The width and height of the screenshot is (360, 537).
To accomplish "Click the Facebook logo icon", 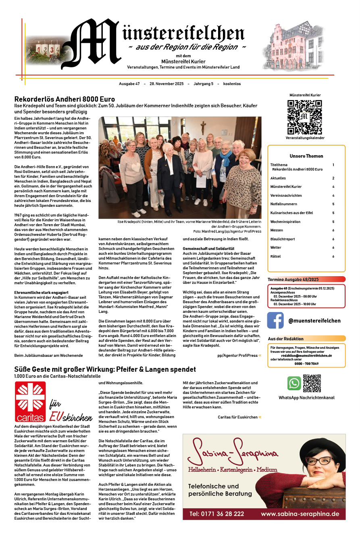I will [275, 321].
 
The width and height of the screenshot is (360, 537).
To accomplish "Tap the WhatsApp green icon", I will [294, 383].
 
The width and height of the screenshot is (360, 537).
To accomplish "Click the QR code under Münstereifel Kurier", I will [304, 117].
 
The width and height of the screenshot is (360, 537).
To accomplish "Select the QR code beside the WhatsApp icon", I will [312, 383].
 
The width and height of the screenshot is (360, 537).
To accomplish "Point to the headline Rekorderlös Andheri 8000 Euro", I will [65, 99].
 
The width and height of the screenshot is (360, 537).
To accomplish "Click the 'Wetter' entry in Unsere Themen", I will [276, 248].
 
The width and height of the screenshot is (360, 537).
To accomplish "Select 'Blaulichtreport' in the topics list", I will [283, 239].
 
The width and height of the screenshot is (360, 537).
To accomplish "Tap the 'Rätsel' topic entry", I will [276, 256].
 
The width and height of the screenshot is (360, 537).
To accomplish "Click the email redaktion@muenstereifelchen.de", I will [306, 356].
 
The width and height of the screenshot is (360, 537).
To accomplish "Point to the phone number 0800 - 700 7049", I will [306, 364].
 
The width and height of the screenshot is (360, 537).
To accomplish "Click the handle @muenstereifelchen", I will [314, 321].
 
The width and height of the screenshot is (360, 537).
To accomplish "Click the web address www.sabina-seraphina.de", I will [300, 514].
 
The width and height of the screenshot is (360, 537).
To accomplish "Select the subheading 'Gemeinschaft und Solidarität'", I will [208, 248].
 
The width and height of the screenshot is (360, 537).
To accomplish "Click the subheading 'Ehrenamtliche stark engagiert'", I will [41, 292].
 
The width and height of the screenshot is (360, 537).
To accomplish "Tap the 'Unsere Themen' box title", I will [306, 156].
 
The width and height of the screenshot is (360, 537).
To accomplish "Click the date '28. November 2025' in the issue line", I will [166, 84].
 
